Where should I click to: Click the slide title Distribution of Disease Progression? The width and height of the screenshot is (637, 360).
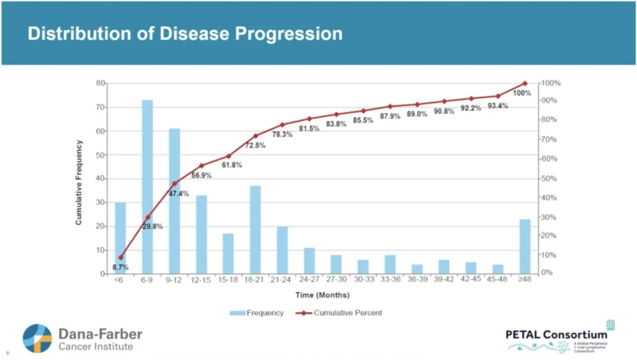click(x=186, y=34)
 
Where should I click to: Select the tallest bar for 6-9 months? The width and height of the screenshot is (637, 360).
click(x=147, y=187)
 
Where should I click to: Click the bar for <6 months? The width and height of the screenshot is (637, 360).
click(x=120, y=237)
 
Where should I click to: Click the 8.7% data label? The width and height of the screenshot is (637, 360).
click(x=120, y=268)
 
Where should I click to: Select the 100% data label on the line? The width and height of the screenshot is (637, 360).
click(x=522, y=94)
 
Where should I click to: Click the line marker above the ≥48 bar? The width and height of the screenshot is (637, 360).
click(x=525, y=84)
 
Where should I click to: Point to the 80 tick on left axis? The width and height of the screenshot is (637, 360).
click(x=101, y=83)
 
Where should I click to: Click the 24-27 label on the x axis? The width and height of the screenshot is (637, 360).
click(x=309, y=280)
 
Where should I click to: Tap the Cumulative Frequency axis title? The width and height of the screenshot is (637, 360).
click(x=79, y=182)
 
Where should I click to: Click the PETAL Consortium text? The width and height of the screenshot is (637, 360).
click(x=556, y=335)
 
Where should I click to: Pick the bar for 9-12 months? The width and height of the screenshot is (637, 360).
click(x=174, y=201)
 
